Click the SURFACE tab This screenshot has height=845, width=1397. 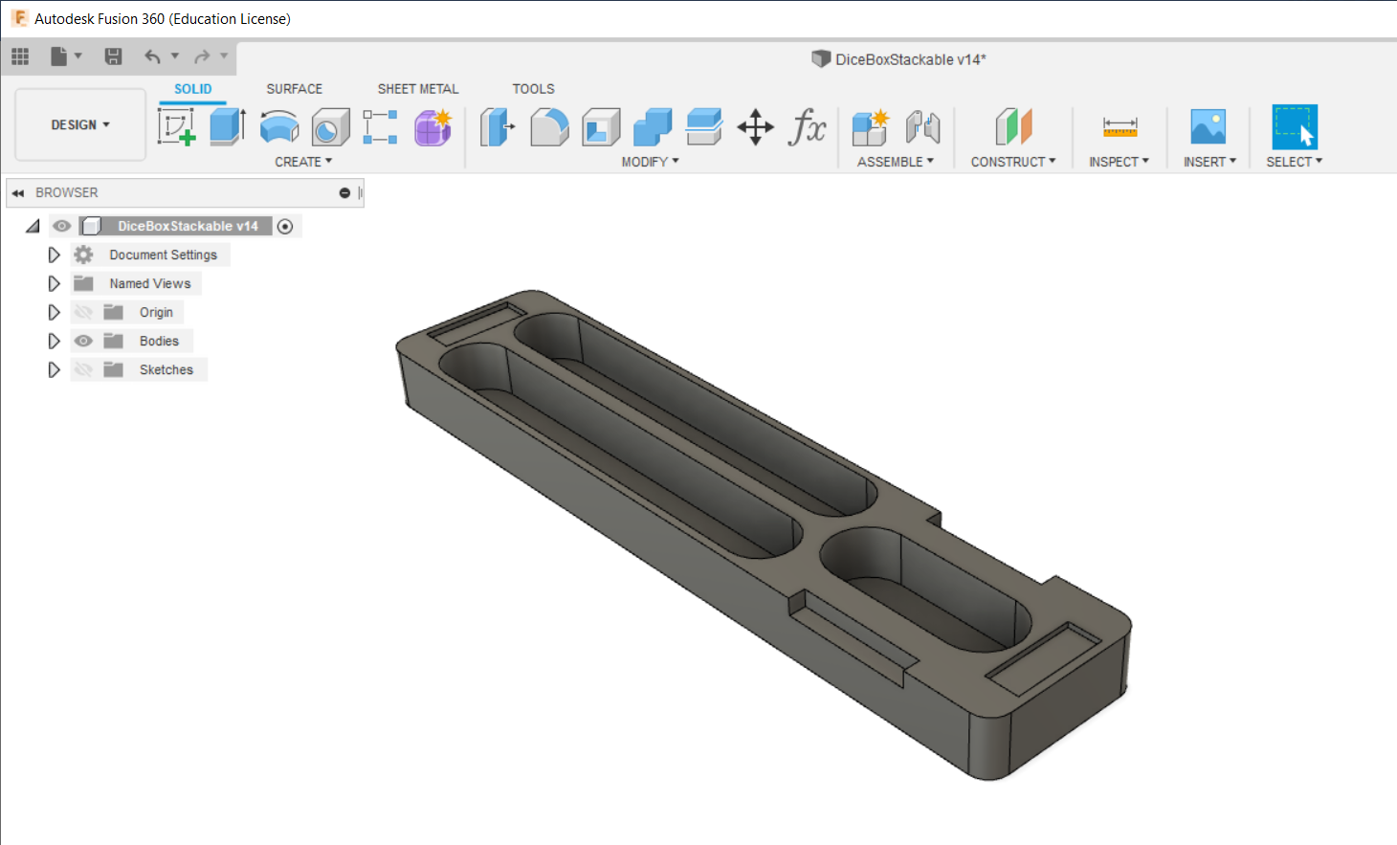pos(295,89)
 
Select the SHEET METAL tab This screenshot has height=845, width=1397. pos(418,89)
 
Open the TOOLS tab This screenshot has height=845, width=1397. pos(533,89)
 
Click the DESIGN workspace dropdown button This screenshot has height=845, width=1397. pos(80,124)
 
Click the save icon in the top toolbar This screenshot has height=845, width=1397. pos(113,56)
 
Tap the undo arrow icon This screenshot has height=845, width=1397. pos(152,56)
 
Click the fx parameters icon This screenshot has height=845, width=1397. pos(808,126)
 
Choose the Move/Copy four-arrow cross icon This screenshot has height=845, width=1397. pos(755,127)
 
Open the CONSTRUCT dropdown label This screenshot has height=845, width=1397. pos(1012,162)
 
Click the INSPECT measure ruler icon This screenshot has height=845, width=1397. pos(1120,127)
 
